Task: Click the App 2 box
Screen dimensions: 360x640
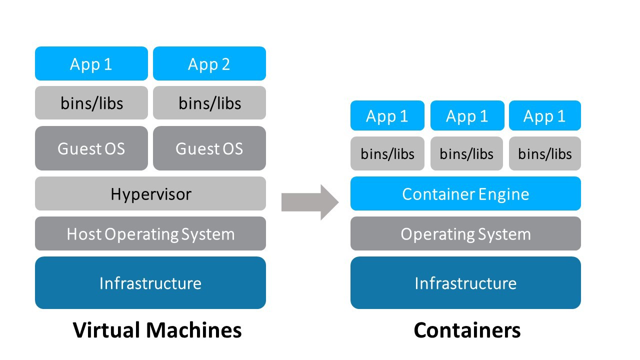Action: coord(209,63)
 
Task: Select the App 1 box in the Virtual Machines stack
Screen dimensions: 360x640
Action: coord(91,63)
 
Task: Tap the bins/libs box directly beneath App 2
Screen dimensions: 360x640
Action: coord(209,103)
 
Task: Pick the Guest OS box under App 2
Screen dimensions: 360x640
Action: coord(209,148)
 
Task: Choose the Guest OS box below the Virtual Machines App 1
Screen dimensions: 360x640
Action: coord(91,148)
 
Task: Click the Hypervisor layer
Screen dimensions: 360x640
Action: coord(150,193)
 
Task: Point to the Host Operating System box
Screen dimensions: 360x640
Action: coord(150,233)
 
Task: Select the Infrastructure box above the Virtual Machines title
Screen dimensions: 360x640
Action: coord(150,283)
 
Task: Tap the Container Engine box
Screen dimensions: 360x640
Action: coord(465,193)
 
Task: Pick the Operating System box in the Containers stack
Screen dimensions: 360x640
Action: coord(465,233)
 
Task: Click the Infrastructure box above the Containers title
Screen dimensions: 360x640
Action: coord(465,283)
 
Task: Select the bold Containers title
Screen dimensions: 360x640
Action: coord(467,330)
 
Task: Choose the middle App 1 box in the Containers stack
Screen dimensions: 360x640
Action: coord(466,116)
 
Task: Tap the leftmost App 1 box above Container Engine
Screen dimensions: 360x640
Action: coord(387,116)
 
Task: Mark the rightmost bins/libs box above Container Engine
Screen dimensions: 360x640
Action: coord(544,153)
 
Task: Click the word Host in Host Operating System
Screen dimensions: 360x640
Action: coord(84,233)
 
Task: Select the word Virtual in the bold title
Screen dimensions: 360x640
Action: coord(106,330)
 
